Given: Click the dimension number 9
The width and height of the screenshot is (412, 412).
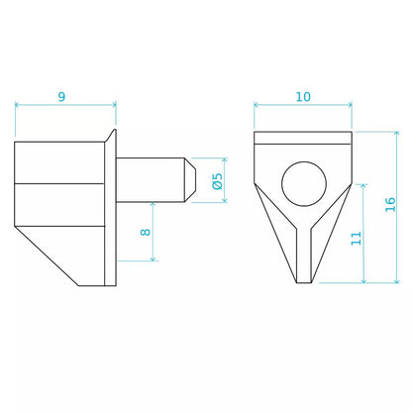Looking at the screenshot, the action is coord(61,97).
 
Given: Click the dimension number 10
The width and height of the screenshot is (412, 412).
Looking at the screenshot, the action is coord(303,97).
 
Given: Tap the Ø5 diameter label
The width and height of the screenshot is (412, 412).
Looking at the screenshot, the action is coord(218,181).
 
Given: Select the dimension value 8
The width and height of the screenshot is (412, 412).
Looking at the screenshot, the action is coord(146,232).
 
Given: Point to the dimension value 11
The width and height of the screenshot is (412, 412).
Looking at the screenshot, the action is coord(357,239).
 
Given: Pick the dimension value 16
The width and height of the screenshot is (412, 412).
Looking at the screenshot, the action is coord(390,205).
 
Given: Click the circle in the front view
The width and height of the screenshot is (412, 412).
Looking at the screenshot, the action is coord(304,184).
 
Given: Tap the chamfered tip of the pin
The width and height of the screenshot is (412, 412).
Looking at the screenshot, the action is coord(191,180).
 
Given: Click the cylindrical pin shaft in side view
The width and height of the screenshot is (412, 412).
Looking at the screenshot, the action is coord(151,180).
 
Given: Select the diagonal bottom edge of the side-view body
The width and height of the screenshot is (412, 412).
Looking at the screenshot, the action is coord(47,256).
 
